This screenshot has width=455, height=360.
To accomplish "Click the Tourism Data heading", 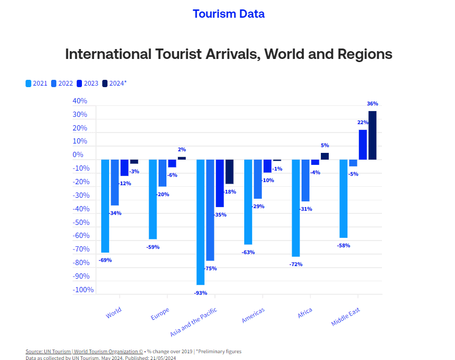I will (x=229, y=14).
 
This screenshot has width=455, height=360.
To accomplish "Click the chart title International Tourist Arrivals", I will (x=229, y=54).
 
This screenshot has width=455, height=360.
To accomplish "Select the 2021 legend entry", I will (x=37, y=83).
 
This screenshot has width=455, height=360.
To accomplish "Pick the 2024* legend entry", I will (x=114, y=83).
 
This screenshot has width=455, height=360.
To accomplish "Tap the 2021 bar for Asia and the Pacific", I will (x=200, y=222).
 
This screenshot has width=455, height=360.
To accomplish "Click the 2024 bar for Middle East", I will (x=372, y=135).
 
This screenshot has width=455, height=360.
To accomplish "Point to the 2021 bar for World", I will (x=105, y=206).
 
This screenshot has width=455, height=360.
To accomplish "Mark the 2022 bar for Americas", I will (x=258, y=179).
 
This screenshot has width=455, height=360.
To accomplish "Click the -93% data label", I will (x=200, y=293).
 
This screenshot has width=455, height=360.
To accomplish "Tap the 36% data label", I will (x=373, y=104).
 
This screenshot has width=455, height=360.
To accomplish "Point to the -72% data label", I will (x=296, y=265).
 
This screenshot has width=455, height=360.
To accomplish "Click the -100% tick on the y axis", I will (x=83, y=290).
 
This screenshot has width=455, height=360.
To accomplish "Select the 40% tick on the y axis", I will (x=80, y=101).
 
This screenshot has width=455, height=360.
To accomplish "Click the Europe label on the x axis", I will (x=160, y=314).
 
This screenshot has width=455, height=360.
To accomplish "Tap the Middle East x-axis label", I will (x=345, y=317).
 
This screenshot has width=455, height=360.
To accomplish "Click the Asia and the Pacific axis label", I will (x=193, y=322).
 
